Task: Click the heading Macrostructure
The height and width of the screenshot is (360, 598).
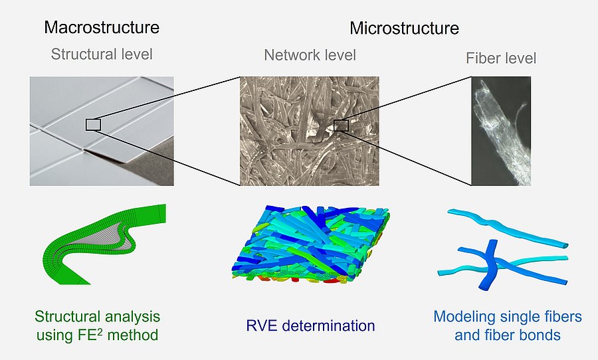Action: click(102, 27)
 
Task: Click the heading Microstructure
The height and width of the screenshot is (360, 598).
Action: click(404, 29)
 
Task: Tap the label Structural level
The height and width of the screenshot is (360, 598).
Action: click(102, 54)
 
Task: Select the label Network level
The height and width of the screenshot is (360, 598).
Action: click(310, 54)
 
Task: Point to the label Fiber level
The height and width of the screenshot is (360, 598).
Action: click(501, 58)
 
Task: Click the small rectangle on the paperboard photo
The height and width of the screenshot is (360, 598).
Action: click(93, 124)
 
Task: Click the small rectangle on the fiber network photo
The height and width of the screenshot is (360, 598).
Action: click(341, 125)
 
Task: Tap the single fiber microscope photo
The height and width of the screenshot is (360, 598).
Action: click(501, 131)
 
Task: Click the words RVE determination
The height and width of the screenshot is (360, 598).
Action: click(310, 325)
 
